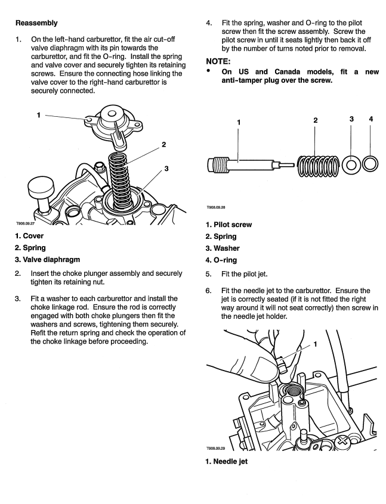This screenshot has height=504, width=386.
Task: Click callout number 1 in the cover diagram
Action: click(x=39, y=116)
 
